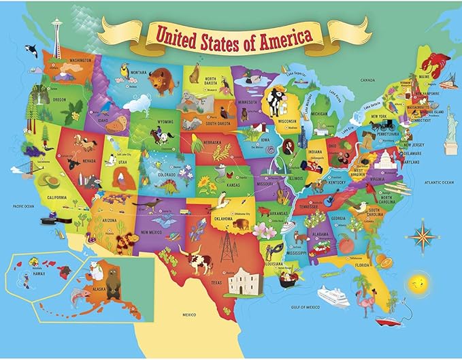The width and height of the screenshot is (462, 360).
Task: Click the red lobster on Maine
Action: pos(433,67)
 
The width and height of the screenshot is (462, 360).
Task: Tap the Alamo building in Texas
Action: pos(244,280)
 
